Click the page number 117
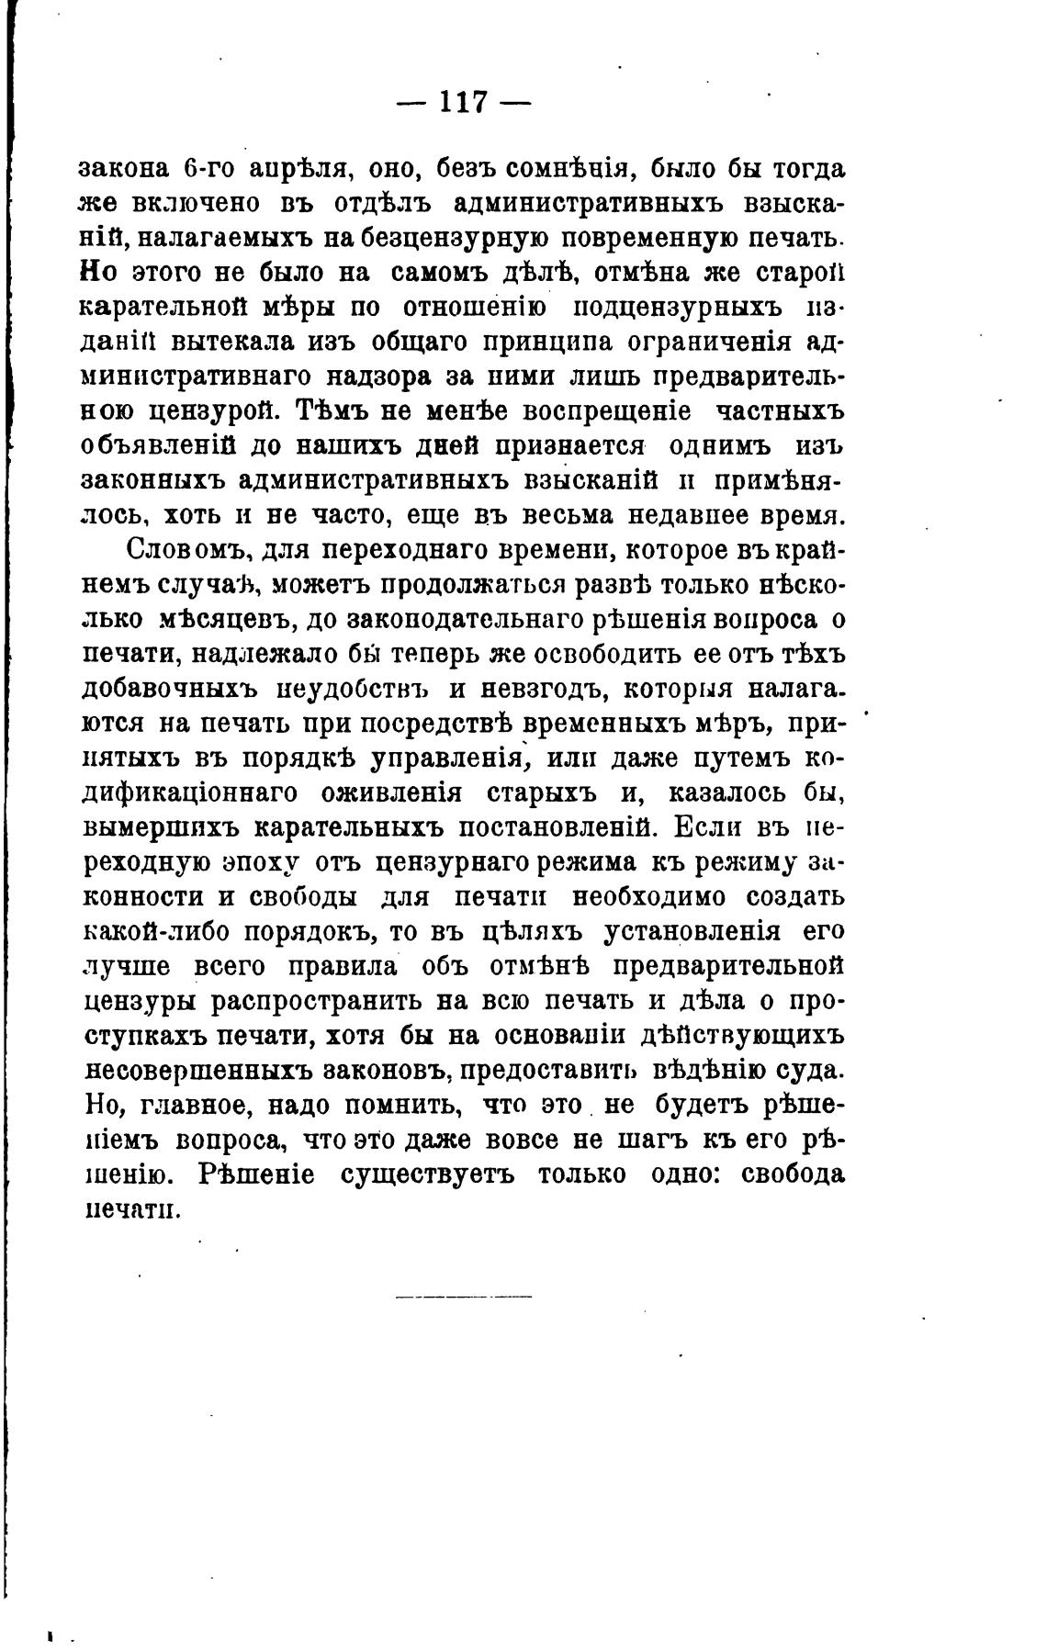pyautogui.click(x=464, y=101)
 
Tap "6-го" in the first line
pyautogui.click(x=201, y=170)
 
